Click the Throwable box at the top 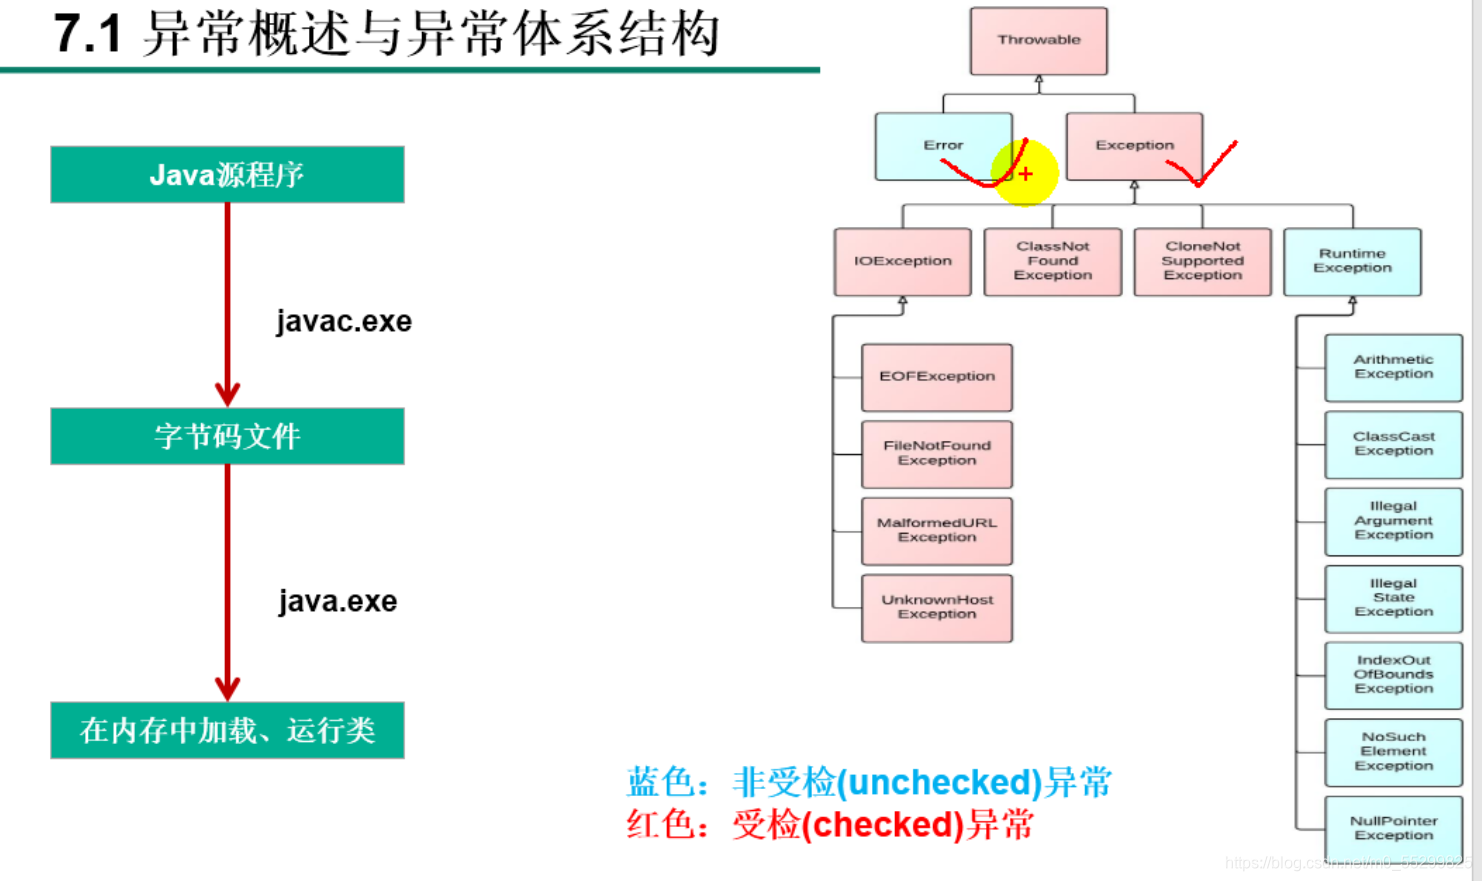click(x=1038, y=41)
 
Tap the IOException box click(x=902, y=261)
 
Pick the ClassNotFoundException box click(x=1052, y=261)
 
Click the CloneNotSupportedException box click(x=1202, y=261)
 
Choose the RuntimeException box click(x=1352, y=261)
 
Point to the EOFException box click(x=937, y=377)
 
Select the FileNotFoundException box click(x=937, y=453)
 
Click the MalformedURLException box click(x=937, y=530)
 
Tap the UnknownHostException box click(x=937, y=607)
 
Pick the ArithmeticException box click(x=1393, y=367)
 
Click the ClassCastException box click(x=1393, y=444)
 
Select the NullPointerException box click(x=1393, y=828)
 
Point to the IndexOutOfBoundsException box click(x=1393, y=674)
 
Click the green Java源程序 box click(x=227, y=175)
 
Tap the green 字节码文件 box click(x=227, y=436)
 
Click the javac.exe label click(x=344, y=321)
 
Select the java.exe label click(x=338, y=601)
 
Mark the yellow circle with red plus click(x=1025, y=174)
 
